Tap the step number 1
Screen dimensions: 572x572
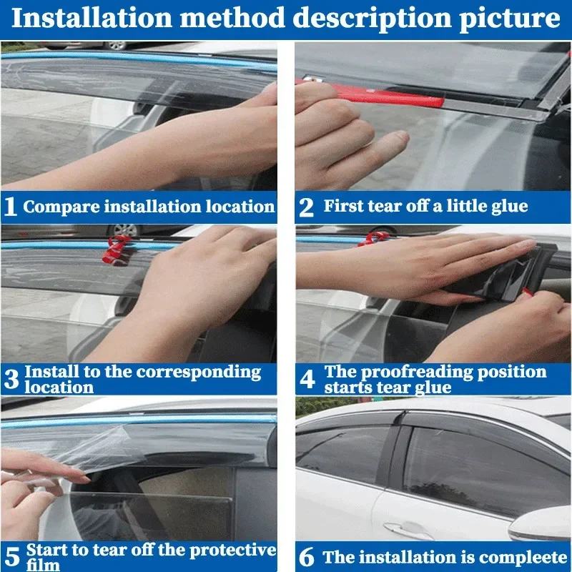click(x=11, y=207)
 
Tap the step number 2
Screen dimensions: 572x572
click(x=306, y=207)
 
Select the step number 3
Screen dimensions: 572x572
click(x=11, y=380)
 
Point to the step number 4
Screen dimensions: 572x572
click(x=307, y=380)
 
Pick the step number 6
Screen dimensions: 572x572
click(x=307, y=557)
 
